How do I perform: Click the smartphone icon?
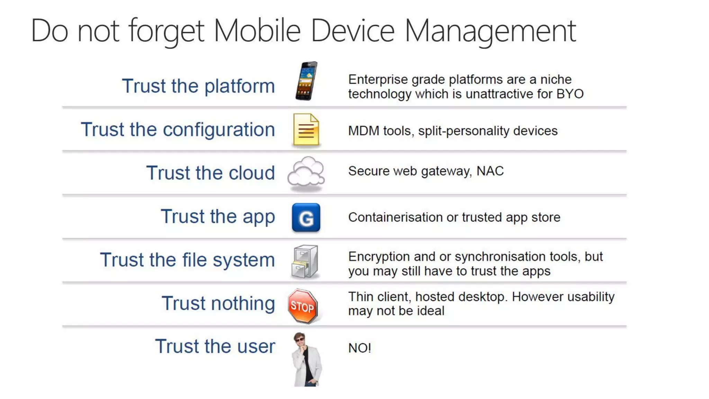point(306,81)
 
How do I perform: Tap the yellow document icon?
point(306,130)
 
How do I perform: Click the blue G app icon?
point(306,218)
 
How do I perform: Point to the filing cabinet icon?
point(305,261)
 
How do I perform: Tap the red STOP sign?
point(303,306)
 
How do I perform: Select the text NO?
point(359,348)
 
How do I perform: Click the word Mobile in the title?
point(257,31)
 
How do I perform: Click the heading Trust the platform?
point(198,86)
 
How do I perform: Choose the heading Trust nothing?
point(218,303)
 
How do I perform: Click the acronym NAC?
point(490,171)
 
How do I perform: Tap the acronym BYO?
point(570,94)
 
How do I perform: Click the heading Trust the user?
point(215,346)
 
